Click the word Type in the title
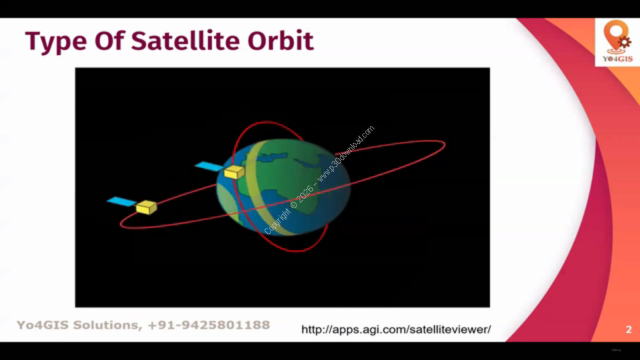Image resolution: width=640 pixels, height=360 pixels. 56,41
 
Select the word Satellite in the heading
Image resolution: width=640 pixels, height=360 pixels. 185,40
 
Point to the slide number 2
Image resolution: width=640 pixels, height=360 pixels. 628,329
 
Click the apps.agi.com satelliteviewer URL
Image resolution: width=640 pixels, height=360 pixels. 396,329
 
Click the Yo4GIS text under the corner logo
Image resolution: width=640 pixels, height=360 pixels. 617,59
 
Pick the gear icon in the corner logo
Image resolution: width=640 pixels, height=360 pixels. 625,42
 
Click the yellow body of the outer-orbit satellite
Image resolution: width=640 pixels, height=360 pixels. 146,207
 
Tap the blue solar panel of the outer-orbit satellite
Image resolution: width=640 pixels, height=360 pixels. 121,201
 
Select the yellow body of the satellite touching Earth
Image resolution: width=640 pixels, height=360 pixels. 234,171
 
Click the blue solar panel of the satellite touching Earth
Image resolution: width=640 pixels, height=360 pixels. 209,166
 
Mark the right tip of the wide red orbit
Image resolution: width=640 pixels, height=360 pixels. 445,145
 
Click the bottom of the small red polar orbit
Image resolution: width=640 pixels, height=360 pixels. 297,251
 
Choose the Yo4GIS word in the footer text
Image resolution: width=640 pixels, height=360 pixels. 42,325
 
